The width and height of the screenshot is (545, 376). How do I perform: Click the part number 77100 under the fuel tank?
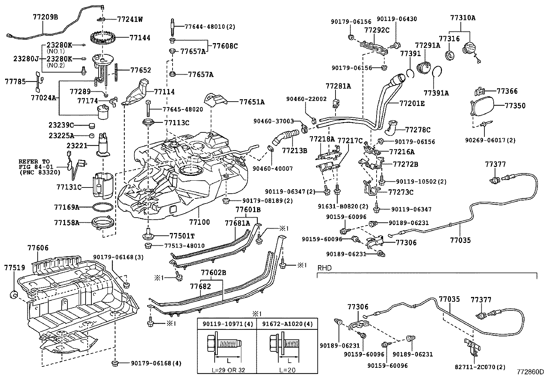[x=200, y=222]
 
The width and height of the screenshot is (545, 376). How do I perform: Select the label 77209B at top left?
[x=46, y=16]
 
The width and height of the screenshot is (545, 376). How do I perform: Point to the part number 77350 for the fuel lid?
[x=515, y=106]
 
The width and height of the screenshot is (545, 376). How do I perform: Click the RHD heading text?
[x=325, y=268]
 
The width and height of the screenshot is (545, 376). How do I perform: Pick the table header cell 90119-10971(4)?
[x=227, y=323]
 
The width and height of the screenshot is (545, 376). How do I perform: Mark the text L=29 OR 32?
[x=227, y=370]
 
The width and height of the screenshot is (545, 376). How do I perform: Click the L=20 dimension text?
[x=288, y=370]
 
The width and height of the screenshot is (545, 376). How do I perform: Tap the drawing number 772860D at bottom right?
[x=530, y=372]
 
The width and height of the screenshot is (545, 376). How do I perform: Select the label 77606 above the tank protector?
[x=38, y=248]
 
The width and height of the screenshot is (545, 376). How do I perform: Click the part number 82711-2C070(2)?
[x=480, y=367]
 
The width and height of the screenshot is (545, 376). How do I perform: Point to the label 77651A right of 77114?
[x=252, y=102]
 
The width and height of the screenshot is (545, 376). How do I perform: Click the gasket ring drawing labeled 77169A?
[x=103, y=207]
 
